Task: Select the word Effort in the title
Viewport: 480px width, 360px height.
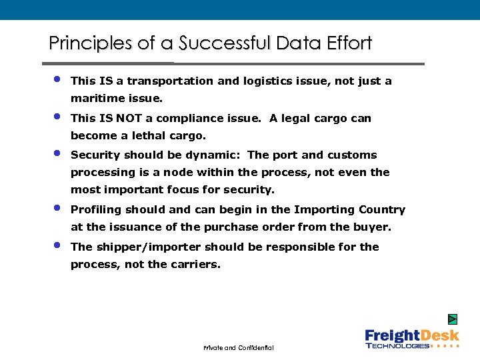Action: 349,44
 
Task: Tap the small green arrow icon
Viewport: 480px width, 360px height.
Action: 453,319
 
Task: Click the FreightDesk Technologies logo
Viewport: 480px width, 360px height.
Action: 411,339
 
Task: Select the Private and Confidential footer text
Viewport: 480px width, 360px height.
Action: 239,349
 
